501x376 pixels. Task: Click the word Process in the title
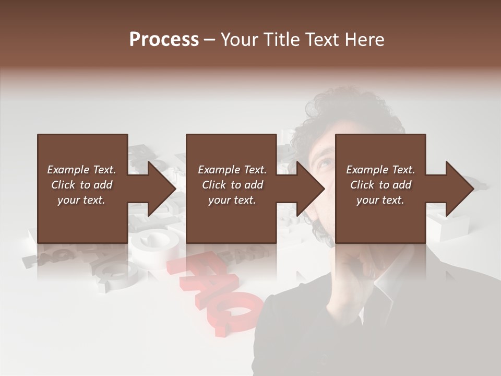point(164,40)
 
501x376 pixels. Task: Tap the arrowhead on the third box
point(459,189)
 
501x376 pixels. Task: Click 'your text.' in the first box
point(81,200)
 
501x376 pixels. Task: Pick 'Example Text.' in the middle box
point(232,170)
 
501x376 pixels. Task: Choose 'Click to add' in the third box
point(380,185)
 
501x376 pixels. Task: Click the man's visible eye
point(323,163)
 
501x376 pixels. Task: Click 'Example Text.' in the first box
point(81,170)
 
